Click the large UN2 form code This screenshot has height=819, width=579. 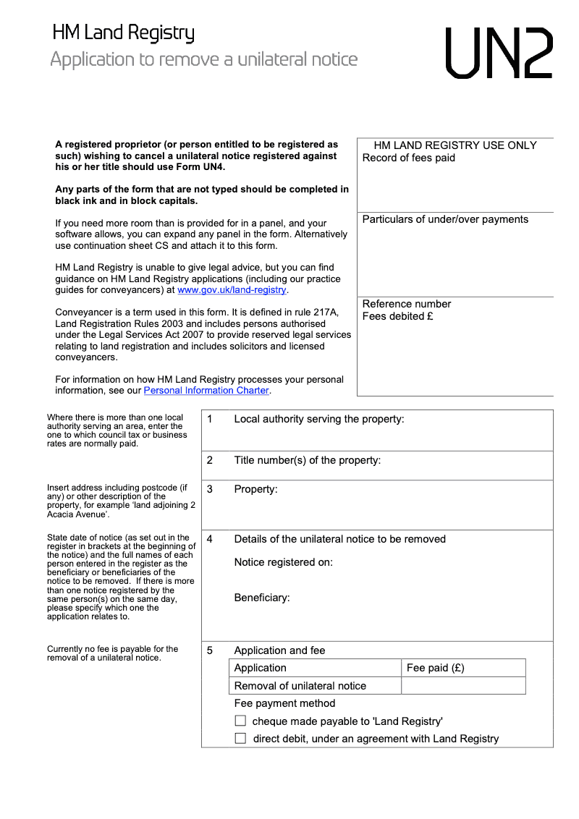pyautogui.click(x=499, y=54)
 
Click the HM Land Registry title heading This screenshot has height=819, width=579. pyautogui.click(x=123, y=33)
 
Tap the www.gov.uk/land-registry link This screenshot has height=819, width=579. pyautogui.click(x=232, y=290)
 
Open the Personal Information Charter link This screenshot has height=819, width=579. pyautogui.click(x=206, y=391)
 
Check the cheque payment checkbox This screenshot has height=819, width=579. pyautogui.click(x=240, y=721)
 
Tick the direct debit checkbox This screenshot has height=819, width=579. pyautogui.click(x=240, y=739)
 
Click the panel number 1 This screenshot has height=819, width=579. pyautogui.click(x=209, y=419)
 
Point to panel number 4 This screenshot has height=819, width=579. pyautogui.click(x=209, y=539)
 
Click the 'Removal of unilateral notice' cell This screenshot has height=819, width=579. pyautogui.click(x=300, y=686)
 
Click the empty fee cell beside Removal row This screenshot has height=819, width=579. pyautogui.click(x=463, y=686)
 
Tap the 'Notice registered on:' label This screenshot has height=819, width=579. pyautogui.click(x=283, y=562)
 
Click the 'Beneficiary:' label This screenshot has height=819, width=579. pyautogui.click(x=261, y=598)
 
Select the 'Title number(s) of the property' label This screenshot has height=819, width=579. pyautogui.click(x=307, y=460)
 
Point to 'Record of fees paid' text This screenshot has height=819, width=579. pyautogui.click(x=408, y=158)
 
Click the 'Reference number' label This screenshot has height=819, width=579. pyautogui.click(x=406, y=304)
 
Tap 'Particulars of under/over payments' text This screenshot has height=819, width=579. pyautogui.click(x=445, y=219)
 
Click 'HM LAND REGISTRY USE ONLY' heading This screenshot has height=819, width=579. pyautogui.click(x=455, y=145)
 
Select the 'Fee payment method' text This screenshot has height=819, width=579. pyautogui.click(x=284, y=703)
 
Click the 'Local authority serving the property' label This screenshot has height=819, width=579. pyautogui.click(x=318, y=419)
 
